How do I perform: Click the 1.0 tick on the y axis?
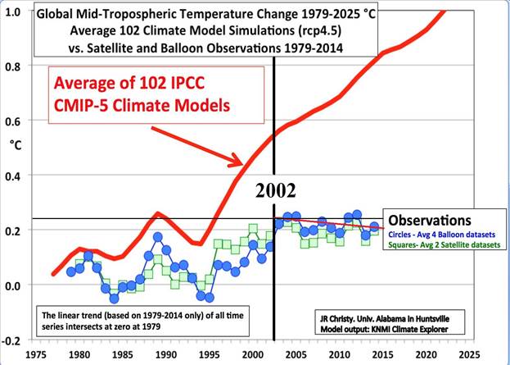pos(14,11)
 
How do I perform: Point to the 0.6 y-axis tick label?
pos(14,121)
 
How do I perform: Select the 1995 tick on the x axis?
pos(208,356)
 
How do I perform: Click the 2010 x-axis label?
pos(340,356)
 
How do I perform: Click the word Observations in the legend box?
pos(429,221)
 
